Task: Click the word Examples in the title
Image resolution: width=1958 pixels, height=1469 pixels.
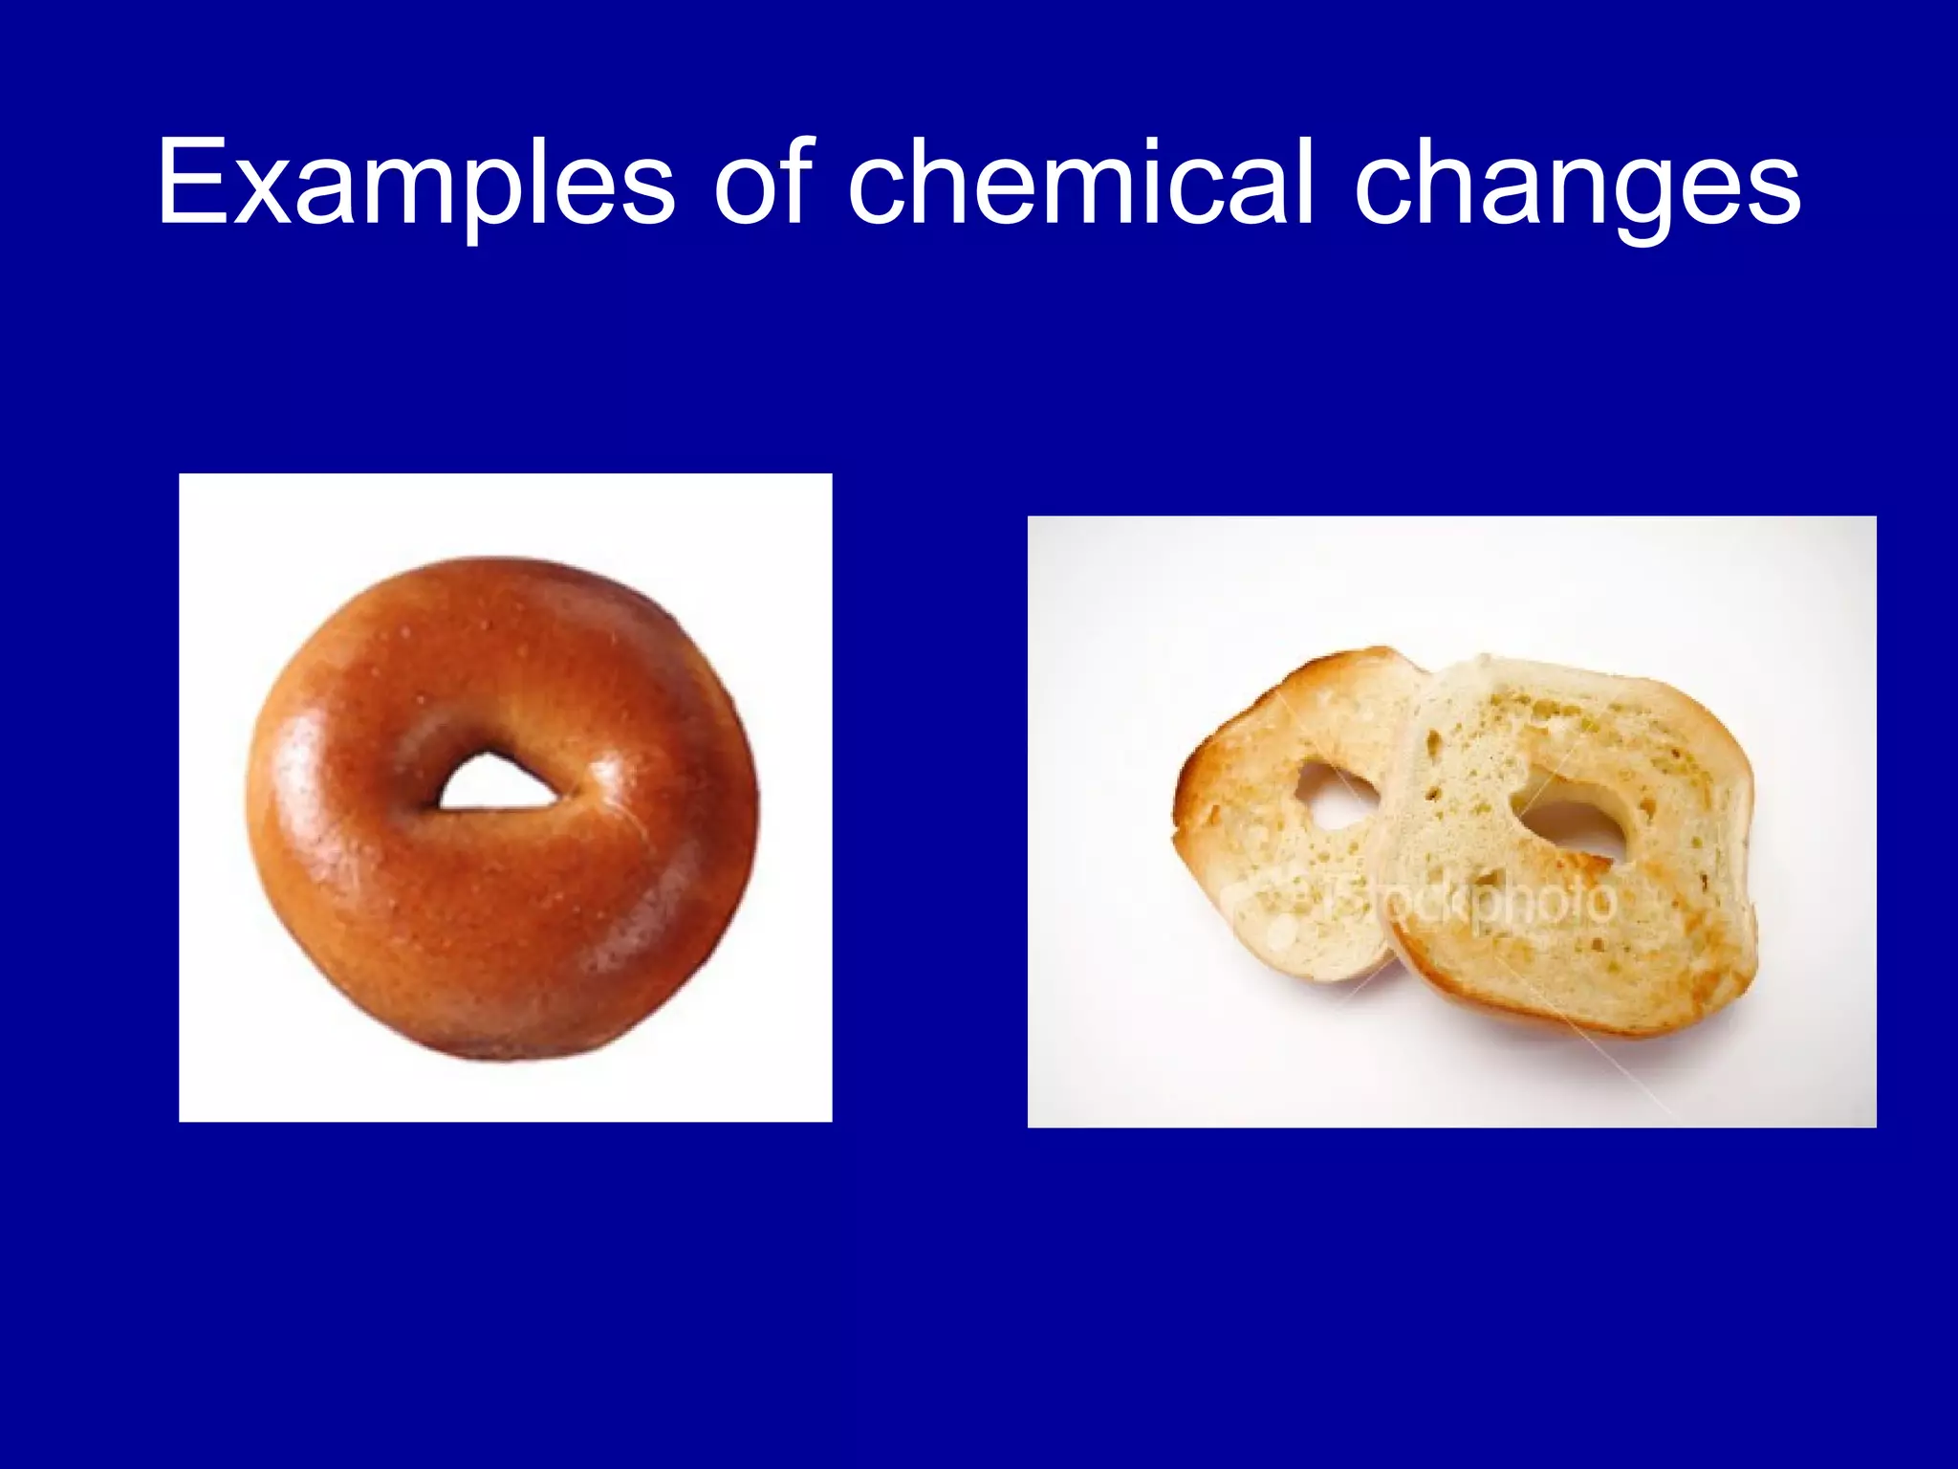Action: pos(417,184)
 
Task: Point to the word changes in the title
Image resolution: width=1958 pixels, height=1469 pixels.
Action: pos(1577,184)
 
